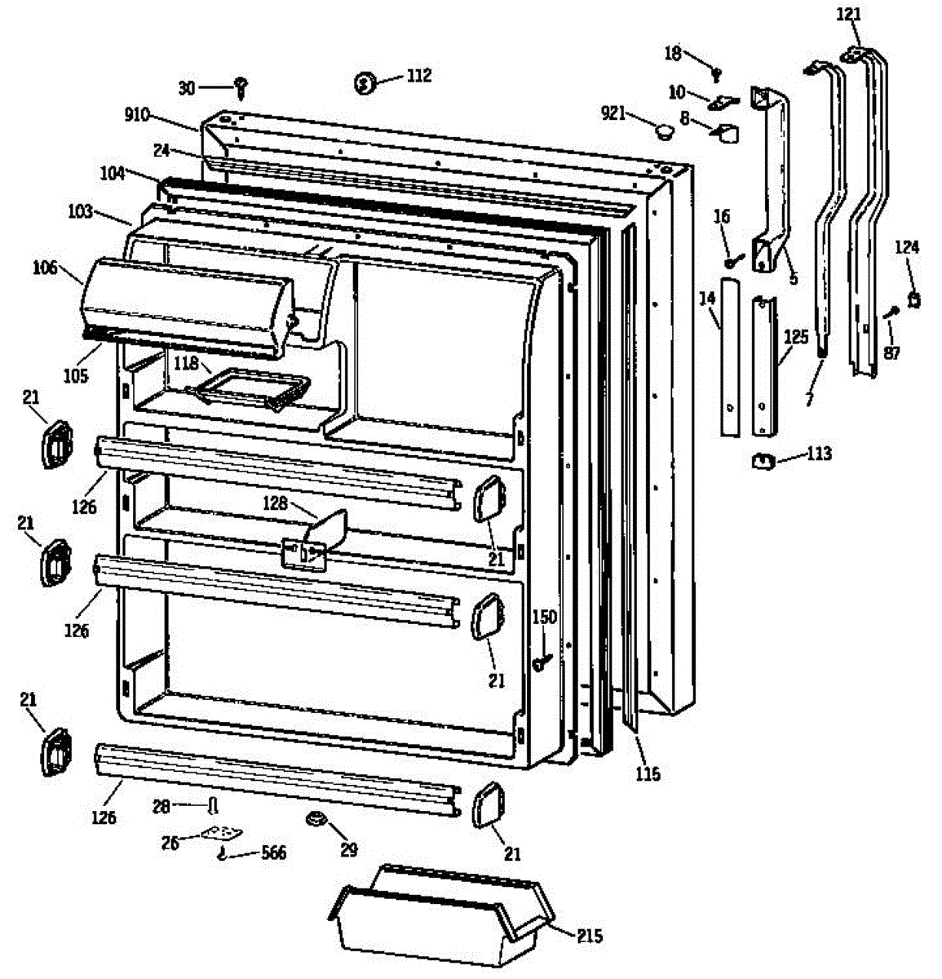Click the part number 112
point(419,76)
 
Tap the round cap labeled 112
point(365,82)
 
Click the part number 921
point(614,113)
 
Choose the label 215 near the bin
point(589,936)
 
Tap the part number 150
point(544,617)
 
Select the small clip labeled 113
point(762,462)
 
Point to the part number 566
point(273,853)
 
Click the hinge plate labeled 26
point(223,833)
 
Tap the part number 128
point(275,503)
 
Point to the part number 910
point(137,114)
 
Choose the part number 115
point(648,774)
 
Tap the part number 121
point(848,15)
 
